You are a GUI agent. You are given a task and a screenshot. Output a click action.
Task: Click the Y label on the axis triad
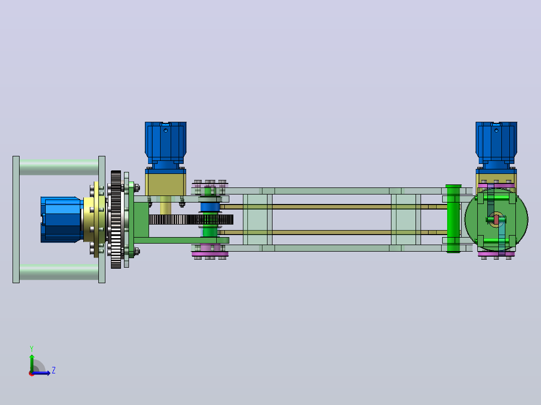32,348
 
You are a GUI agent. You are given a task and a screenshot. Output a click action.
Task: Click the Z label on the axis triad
54,370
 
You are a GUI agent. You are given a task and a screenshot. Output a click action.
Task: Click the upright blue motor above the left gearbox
166,145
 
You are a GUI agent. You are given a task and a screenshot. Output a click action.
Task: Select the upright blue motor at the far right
496,145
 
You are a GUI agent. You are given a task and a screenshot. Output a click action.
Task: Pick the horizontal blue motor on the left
61,220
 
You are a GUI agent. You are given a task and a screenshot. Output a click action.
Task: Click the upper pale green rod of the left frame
59,167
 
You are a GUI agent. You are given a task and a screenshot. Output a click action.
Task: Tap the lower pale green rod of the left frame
59,272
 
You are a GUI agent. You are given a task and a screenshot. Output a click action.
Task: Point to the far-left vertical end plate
16,220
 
